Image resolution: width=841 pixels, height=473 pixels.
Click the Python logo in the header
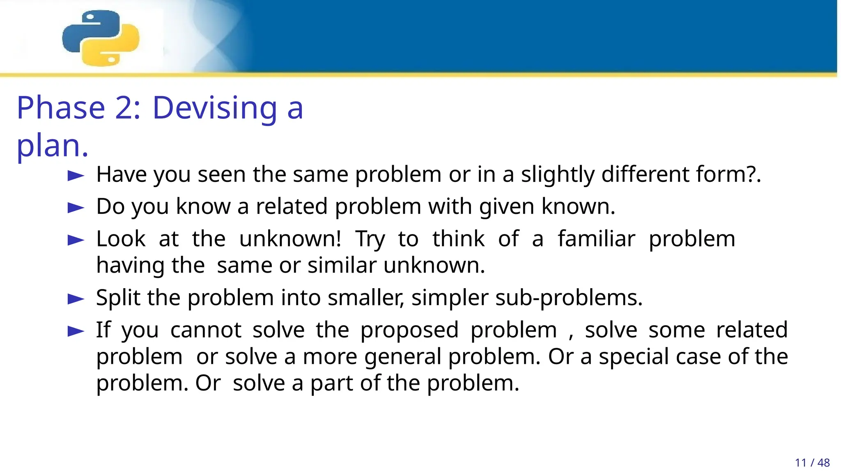point(101,38)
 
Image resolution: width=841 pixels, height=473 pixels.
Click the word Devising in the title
point(215,108)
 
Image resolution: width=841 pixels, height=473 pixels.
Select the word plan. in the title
point(52,146)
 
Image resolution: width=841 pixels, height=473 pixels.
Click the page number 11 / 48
point(812,463)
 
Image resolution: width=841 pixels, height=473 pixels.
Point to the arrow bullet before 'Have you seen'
point(76,176)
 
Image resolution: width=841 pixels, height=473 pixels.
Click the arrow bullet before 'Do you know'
point(76,208)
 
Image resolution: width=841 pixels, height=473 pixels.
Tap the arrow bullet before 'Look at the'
point(76,240)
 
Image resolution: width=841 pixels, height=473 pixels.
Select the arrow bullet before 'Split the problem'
point(76,299)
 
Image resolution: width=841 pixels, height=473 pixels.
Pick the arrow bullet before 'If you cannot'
point(76,331)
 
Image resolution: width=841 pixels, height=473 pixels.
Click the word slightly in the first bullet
point(558,175)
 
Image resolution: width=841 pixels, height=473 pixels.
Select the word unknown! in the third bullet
point(290,239)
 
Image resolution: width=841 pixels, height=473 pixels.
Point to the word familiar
point(596,239)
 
